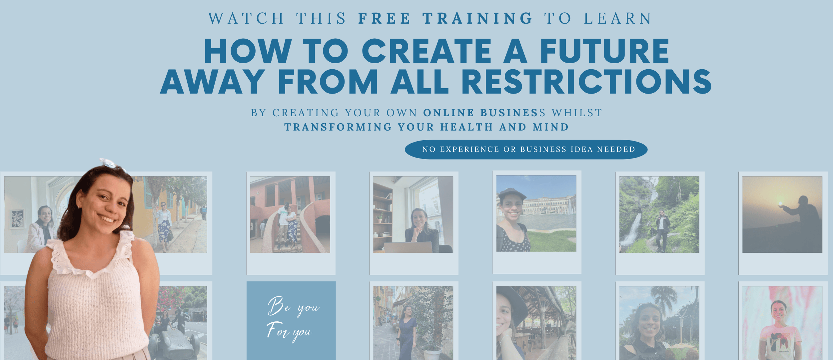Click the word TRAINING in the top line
[x=478, y=18]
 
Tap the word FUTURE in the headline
[x=604, y=51]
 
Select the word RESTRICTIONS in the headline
[x=586, y=82]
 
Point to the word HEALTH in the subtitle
[x=466, y=127]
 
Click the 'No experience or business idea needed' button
[x=526, y=150]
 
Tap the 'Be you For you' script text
[x=293, y=319]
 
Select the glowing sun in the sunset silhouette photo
[x=780, y=204]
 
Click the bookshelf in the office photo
[x=383, y=216]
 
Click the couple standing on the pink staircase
[x=287, y=226]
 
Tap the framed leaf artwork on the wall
[x=18, y=219]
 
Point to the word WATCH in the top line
[x=246, y=18]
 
